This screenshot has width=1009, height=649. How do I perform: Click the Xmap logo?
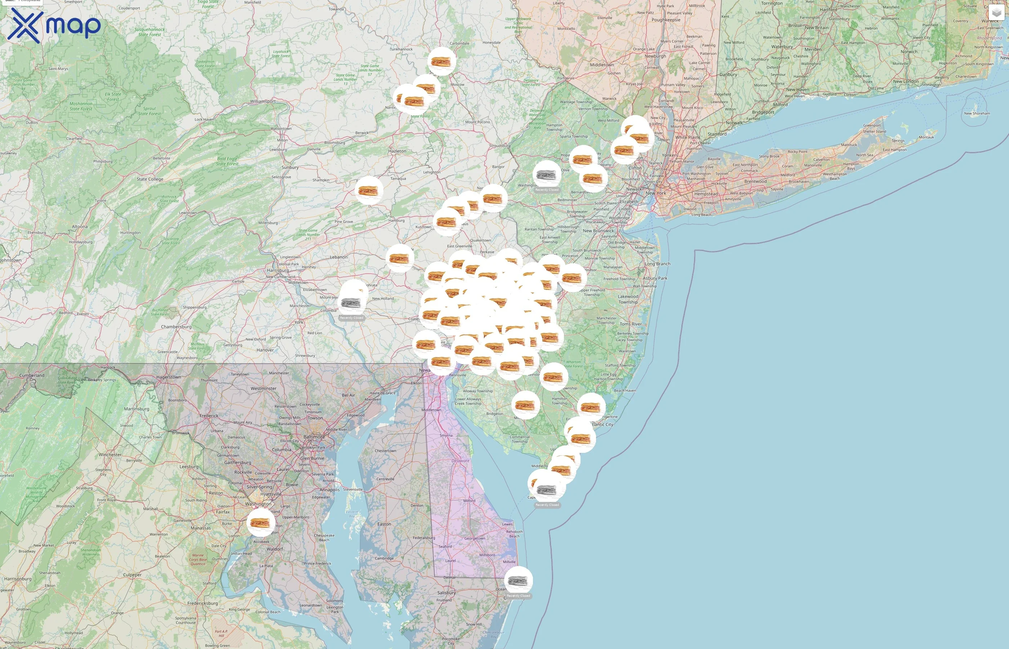click(54, 25)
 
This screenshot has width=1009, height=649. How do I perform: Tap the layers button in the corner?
click(996, 13)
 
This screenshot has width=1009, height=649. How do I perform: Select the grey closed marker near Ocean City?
click(519, 581)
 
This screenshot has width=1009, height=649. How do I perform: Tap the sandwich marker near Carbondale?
click(441, 62)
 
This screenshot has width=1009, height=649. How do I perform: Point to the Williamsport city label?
click(263, 101)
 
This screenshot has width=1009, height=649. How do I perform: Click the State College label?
click(150, 179)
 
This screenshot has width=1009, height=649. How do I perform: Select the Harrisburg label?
click(277, 270)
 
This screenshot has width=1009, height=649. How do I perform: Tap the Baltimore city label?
click(314, 437)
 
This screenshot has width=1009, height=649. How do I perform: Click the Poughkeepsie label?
click(666, 20)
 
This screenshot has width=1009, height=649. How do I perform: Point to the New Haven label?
click(797, 89)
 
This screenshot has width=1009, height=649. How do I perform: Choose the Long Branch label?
click(657, 264)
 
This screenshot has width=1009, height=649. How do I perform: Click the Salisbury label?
click(446, 592)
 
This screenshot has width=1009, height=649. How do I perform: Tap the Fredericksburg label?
click(203, 603)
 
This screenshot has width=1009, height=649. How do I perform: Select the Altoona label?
click(80, 226)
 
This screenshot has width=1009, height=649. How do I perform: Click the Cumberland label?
click(32, 375)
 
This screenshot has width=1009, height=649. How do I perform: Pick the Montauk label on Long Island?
click(926, 137)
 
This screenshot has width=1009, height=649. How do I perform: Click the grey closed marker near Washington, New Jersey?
click(547, 175)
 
